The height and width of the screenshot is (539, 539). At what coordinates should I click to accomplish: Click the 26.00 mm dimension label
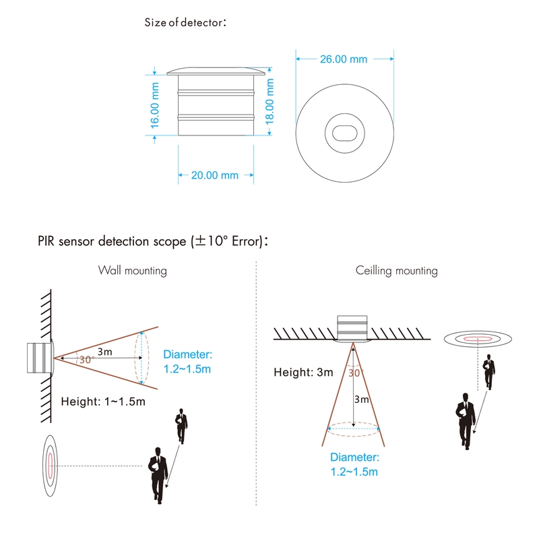coord(343,59)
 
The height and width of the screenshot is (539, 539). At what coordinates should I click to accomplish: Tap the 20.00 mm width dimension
coord(215,176)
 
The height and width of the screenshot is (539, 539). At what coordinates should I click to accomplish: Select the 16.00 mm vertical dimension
coord(155,105)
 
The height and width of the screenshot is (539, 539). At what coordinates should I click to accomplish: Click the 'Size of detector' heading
coord(185,22)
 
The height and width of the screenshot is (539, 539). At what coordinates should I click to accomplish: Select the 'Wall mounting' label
coord(133,271)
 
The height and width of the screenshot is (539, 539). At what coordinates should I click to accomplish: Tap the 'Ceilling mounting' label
coord(397,271)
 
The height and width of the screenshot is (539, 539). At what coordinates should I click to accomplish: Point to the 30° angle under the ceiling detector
coord(355,372)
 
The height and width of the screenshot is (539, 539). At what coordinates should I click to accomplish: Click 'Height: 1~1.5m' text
coord(103,402)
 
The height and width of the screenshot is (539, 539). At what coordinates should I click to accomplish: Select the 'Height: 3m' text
coord(303,372)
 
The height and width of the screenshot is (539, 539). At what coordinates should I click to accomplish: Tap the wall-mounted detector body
coord(39,357)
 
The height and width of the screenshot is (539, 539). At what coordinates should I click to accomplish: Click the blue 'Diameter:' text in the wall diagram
coord(188,354)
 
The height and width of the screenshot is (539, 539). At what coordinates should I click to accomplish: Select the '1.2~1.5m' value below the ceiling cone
coord(354,472)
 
